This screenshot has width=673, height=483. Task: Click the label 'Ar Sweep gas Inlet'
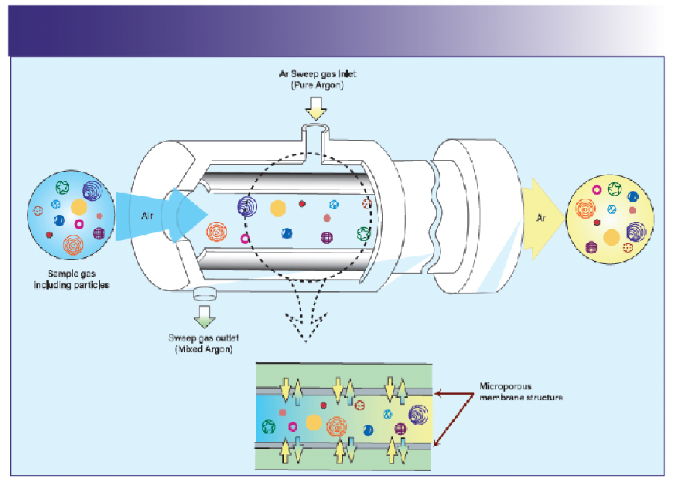pos(317,74)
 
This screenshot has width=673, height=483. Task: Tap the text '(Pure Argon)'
pos(317,85)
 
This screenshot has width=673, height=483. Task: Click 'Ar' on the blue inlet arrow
pos(147,217)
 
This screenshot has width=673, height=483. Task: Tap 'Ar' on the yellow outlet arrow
pos(541,218)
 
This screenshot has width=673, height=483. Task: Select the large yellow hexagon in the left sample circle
pos(78,207)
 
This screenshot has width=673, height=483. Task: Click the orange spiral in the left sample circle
pos(74,245)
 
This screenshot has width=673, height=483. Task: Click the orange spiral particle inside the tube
pos(217,231)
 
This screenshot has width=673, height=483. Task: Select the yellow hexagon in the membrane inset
pos(313,422)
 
